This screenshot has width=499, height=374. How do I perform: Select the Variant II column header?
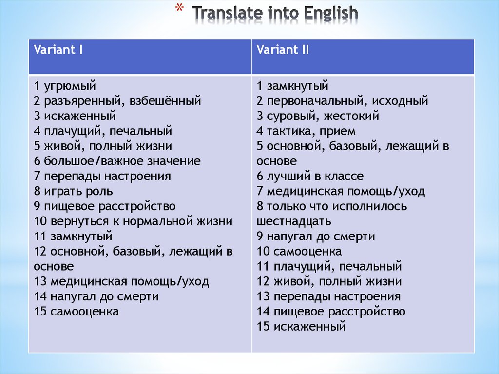click(283, 50)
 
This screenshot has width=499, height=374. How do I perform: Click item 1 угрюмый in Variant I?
click(65, 86)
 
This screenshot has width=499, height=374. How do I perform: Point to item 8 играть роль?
click(73, 191)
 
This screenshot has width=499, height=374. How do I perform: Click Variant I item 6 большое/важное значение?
click(117, 161)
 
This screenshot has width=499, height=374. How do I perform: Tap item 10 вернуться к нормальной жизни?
click(133, 221)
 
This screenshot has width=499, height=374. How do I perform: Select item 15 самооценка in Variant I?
click(76, 312)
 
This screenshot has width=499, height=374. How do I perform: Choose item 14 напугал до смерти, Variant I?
click(96, 296)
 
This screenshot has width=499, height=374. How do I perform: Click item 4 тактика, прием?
click(306, 131)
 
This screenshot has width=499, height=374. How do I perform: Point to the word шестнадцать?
click(294, 221)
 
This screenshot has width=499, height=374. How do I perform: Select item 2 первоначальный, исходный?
click(342, 101)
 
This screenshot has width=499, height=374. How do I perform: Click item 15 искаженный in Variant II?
click(301, 327)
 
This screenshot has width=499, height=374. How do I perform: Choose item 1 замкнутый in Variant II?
click(292, 86)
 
